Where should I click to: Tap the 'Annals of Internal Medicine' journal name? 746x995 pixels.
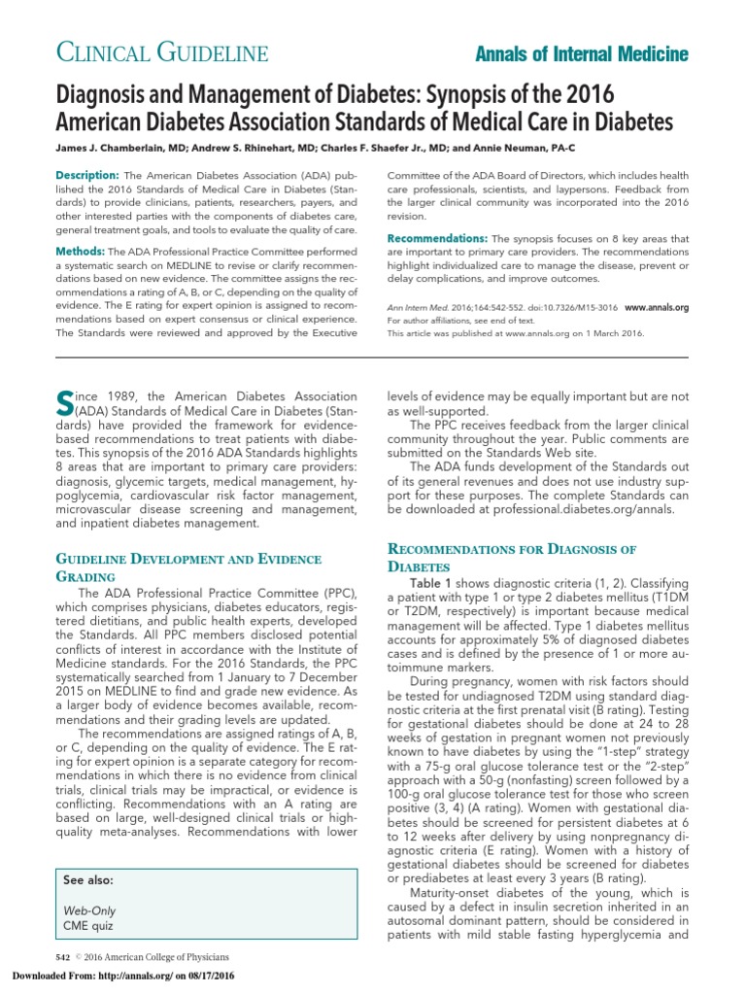click(x=582, y=53)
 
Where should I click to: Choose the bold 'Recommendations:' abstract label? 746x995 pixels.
click(x=437, y=238)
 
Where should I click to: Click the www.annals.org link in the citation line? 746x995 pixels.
click(x=656, y=307)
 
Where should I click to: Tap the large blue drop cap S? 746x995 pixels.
click(x=64, y=404)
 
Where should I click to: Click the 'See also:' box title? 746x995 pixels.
click(x=88, y=879)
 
